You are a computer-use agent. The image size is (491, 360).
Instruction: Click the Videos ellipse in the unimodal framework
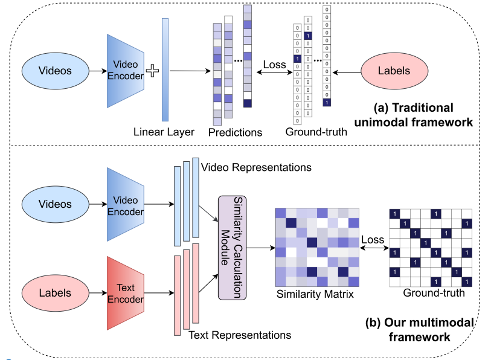(55, 71)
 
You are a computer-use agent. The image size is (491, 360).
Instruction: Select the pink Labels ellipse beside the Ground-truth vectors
(394, 71)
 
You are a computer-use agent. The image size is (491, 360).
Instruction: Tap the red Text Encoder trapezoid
(126, 294)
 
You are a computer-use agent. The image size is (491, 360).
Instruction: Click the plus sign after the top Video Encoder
(153, 71)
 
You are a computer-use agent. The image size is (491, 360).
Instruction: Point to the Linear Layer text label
(164, 132)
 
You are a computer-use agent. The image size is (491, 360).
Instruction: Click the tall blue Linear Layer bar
(165, 69)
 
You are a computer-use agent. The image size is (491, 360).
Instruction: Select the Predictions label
(235, 132)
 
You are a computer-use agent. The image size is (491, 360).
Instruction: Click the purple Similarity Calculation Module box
(233, 248)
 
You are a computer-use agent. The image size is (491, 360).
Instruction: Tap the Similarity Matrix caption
(315, 294)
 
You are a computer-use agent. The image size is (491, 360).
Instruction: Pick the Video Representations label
(256, 167)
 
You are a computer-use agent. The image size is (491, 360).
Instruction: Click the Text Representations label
(240, 335)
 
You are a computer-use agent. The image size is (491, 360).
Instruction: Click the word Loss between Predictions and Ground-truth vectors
(275, 65)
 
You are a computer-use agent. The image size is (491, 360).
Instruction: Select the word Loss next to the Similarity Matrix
(373, 240)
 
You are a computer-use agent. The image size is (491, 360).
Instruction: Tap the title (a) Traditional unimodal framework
(413, 115)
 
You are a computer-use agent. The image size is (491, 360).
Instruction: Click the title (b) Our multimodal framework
(420, 330)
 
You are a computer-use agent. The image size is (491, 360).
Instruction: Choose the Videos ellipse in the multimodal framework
(55, 204)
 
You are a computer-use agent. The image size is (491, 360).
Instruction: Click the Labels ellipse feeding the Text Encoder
(55, 293)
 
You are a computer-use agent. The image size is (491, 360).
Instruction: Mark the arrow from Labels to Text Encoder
(98, 293)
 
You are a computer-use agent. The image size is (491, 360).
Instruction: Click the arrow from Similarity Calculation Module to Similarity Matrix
(261, 248)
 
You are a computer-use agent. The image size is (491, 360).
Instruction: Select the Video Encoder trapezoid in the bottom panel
(126, 204)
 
